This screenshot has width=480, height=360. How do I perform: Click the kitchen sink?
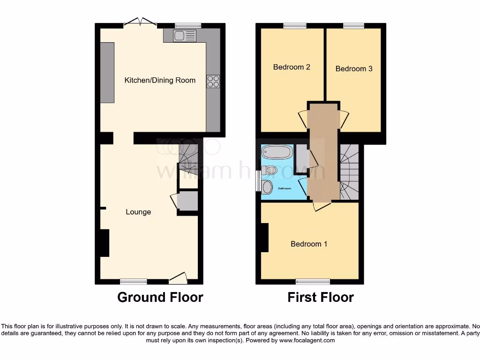point(185,36)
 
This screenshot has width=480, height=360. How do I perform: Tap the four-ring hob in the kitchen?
point(213,81)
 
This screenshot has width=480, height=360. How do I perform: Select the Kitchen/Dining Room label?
point(160,80)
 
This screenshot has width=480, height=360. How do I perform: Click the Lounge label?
point(138,212)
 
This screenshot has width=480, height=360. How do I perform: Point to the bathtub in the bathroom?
point(277,152)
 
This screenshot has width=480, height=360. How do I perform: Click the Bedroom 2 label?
point(292,67)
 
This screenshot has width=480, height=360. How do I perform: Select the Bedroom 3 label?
point(354,68)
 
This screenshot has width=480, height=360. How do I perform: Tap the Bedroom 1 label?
point(309,244)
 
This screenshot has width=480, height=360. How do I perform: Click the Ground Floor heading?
point(160,297)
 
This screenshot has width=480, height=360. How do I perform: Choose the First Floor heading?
point(321,297)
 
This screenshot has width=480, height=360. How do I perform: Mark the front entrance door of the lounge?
point(178,279)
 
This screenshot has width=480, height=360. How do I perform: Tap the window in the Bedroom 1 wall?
point(313,281)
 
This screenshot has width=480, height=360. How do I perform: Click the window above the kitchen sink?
point(188,26)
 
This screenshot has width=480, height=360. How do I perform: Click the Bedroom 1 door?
point(322,206)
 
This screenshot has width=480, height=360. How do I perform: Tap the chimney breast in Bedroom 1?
point(265,238)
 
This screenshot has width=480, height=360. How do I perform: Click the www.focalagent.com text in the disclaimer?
point(307,340)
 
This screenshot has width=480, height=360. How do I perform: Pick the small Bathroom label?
point(285,188)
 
